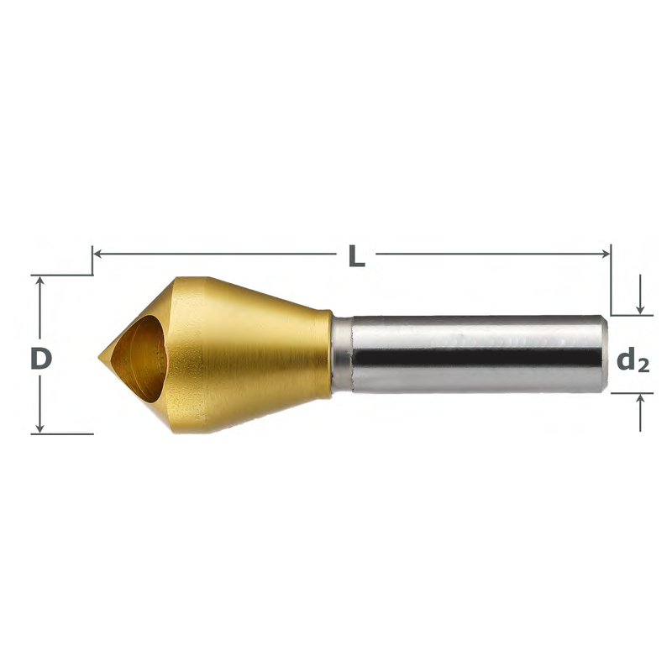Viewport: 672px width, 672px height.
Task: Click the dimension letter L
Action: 356,255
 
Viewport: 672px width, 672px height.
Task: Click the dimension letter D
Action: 41,359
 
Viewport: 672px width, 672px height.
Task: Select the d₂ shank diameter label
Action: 633,360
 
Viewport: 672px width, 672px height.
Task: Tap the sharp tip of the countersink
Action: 100,356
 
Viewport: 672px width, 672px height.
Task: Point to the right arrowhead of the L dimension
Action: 606,252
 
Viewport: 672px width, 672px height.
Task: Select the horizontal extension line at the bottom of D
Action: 63,433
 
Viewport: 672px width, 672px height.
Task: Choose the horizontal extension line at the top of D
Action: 63,274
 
